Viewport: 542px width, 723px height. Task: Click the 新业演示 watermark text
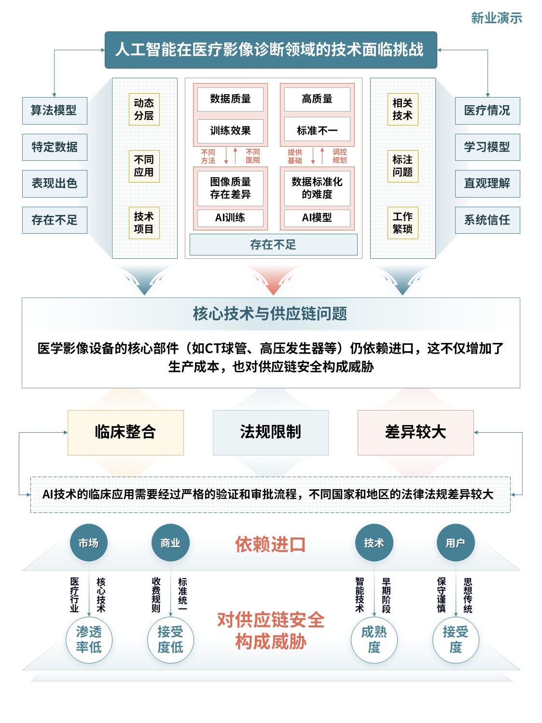(x=496, y=18)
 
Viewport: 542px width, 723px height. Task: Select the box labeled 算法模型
(x=55, y=111)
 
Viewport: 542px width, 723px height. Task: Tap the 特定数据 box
(x=55, y=147)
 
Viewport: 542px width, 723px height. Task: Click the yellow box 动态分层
(x=144, y=109)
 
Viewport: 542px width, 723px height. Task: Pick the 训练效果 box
(x=230, y=131)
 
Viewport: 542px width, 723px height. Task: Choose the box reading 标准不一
(x=317, y=130)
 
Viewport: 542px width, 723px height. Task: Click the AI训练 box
(x=230, y=218)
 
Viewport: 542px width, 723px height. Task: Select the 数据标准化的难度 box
(x=317, y=188)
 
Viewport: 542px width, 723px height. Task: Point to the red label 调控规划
(x=340, y=156)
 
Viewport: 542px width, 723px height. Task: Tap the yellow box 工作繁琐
(x=403, y=223)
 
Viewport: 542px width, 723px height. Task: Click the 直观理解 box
(x=487, y=184)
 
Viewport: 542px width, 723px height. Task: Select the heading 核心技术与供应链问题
(x=270, y=313)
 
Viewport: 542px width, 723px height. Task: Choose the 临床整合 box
(x=125, y=432)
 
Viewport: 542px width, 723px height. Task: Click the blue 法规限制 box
(x=270, y=432)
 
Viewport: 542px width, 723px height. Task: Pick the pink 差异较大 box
(x=416, y=432)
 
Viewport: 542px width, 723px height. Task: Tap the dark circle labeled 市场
(x=89, y=543)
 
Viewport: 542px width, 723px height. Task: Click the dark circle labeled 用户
(x=456, y=543)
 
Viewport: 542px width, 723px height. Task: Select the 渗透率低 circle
(x=89, y=640)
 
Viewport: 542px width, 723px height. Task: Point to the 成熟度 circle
(x=374, y=640)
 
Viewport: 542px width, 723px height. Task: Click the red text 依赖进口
(x=270, y=544)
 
